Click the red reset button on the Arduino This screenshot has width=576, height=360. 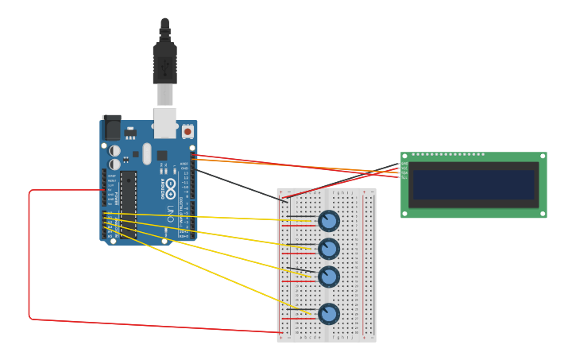[x=187, y=131]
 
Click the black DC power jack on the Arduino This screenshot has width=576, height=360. [x=112, y=129]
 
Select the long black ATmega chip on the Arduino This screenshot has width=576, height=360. [x=128, y=203]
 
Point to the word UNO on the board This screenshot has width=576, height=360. [x=170, y=213]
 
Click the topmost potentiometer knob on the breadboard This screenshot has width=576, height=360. [x=329, y=221]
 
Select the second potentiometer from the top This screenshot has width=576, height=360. [x=329, y=249]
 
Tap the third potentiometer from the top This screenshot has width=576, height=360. [x=329, y=277]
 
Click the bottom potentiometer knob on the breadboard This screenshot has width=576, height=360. [x=329, y=314]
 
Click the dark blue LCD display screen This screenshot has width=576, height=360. [x=474, y=184]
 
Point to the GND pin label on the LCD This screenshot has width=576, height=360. [x=404, y=164]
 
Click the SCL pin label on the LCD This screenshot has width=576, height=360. [x=404, y=177]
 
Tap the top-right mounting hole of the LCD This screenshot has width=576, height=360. [x=543, y=157]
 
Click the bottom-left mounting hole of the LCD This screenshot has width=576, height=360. [x=405, y=213]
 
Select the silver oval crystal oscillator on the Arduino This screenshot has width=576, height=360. [x=147, y=153]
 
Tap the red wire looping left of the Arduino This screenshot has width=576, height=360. [x=29, y=254]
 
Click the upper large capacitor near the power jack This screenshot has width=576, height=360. [x=115, y=150]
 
